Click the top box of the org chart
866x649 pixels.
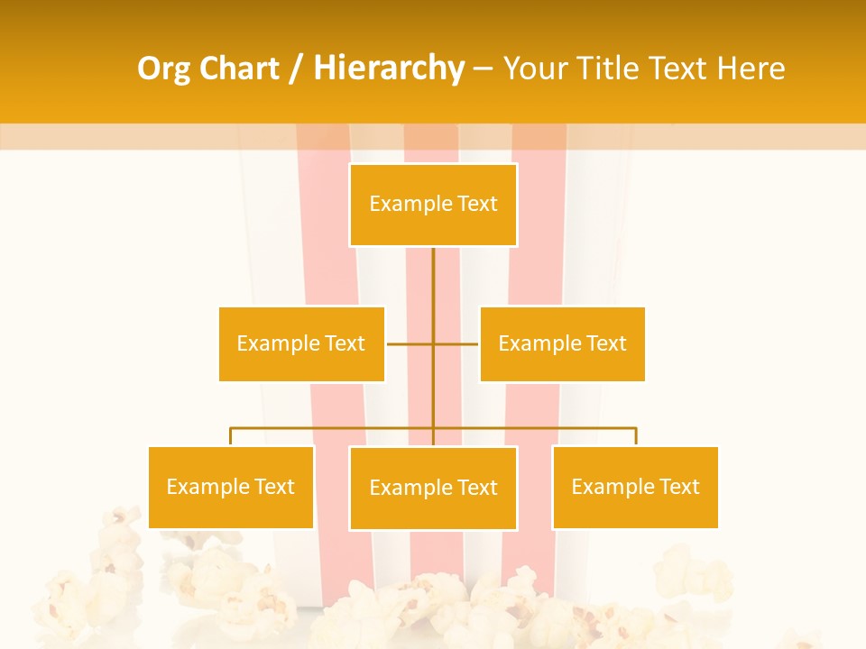point(433,205)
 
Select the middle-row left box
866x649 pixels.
point(301,343)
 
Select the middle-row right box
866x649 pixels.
point(562,343)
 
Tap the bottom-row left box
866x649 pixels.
point(231,487)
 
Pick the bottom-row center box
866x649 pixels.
point(433,488)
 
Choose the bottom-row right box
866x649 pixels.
point(635,487)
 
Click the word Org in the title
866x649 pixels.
point(164,69)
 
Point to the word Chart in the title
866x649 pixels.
point(238,69)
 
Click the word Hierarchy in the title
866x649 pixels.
point(389,69)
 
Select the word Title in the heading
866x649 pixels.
point(613,69)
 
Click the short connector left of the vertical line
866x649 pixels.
point(409,343)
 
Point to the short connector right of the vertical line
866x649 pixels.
point(456,343)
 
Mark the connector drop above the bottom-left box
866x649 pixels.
point(231,437)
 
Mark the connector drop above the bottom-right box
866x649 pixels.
point(635,437)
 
